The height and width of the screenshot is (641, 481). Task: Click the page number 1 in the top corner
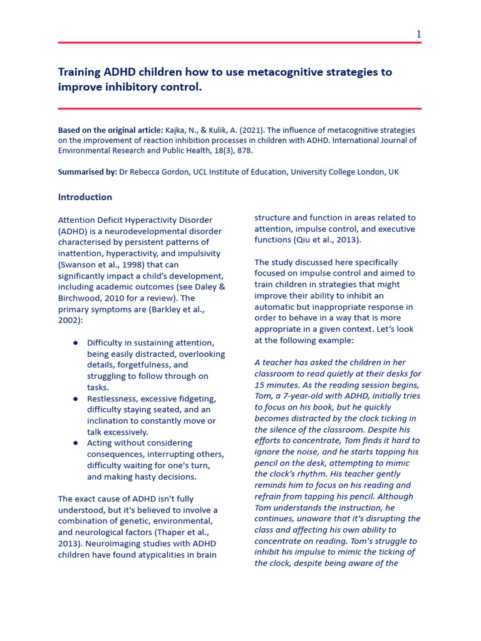coord(418,34)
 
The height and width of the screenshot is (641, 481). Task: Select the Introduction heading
coord(85,197)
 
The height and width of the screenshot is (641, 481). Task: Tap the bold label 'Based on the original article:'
coord(110,130)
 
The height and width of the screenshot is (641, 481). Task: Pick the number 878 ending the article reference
coord(245,151)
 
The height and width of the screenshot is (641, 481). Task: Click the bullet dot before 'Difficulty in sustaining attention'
coord(76,343)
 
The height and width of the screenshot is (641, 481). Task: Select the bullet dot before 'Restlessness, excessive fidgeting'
coord(76,399)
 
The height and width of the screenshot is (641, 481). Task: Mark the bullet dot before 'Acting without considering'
coord(76,443)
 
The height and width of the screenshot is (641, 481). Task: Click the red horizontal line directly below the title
coord(240,108)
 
